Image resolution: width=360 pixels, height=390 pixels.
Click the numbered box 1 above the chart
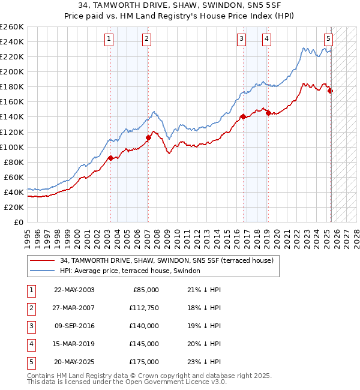(x=109, y=40)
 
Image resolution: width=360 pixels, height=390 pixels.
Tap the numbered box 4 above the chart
(x=266, y=40)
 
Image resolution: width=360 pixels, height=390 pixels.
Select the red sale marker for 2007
(x=148, y=137)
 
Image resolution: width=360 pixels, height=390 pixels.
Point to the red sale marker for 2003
(x=110, y=158)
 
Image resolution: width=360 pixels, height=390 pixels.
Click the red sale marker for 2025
(x=330, y=91)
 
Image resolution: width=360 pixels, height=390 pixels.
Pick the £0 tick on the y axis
(x=18, y=222)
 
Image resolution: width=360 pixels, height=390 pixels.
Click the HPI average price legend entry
(x=130, y=271)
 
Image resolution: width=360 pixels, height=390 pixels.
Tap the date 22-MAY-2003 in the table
(x=74, y=290)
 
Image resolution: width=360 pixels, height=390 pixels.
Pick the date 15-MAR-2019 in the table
(x=74, y=344)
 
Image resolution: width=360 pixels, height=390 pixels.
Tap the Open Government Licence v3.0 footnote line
(x=118, y=382)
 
